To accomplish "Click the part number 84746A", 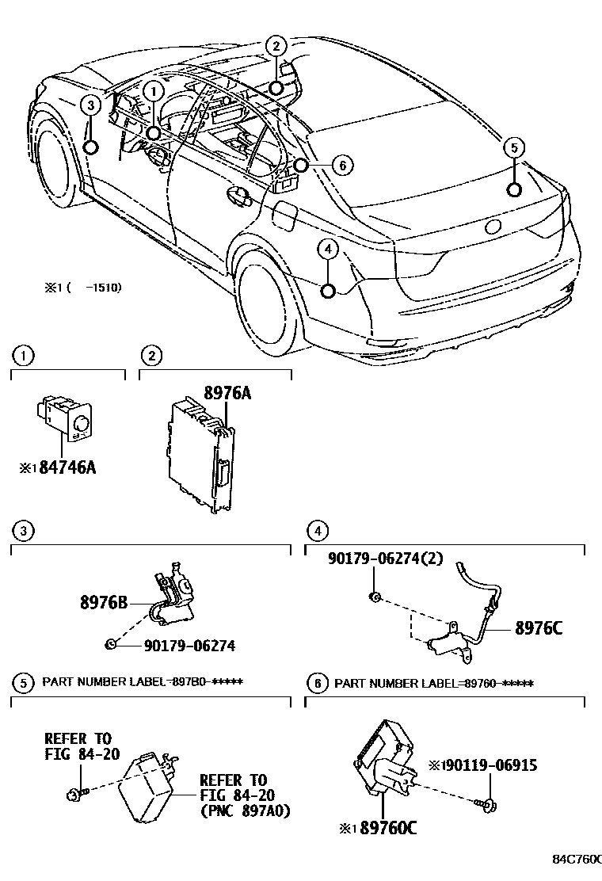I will (x=68, y=467).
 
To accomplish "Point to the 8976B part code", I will (x=103, y=601).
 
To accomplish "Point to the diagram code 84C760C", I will (x=577, y=859).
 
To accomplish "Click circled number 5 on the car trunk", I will (x=513, y=147).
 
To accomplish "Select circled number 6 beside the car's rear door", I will (x=341, y=165).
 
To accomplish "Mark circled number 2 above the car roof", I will (x=275, y=46).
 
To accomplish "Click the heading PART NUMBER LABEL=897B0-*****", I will (x=142, y=682).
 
